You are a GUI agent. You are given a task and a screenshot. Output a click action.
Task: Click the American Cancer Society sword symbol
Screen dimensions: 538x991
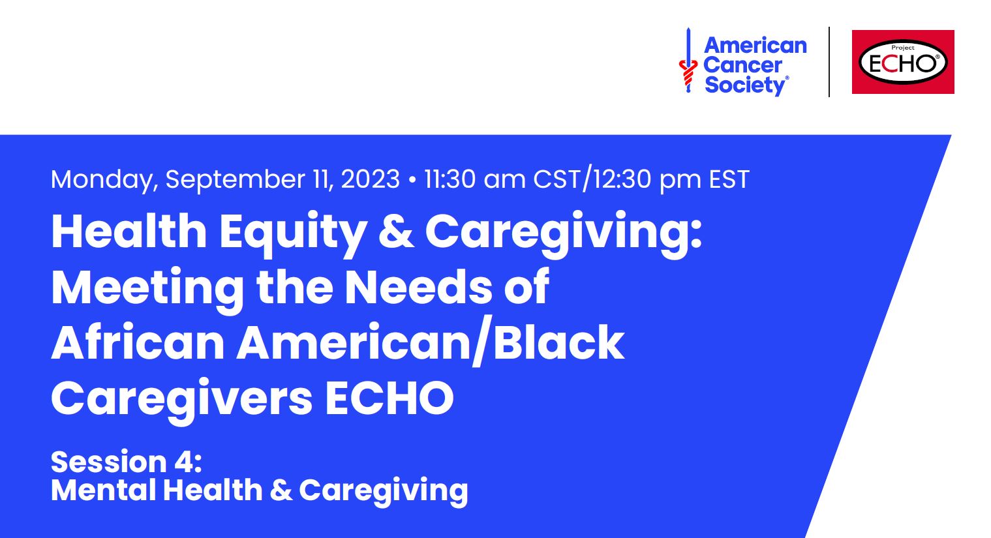click(x=687, y=61)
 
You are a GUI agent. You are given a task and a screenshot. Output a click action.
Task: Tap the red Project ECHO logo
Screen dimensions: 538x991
click(x=903, y=62)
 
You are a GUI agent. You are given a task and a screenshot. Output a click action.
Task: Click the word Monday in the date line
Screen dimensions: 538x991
click(x=104, y=179)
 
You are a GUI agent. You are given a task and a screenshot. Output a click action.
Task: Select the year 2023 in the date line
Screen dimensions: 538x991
click(x=370, y=179)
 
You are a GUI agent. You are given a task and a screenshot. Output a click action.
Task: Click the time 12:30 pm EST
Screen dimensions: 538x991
click(x=671, y=179)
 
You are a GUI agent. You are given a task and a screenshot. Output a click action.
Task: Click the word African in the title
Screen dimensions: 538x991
click(x=138, y=343)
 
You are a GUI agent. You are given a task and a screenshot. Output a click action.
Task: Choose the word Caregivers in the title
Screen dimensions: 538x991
click(x=182, y=398)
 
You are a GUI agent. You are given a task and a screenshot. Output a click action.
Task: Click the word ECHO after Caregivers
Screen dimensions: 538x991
click(x=389, y=398)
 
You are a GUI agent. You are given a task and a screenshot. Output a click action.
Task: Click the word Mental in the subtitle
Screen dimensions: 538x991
click(x=103, y=490)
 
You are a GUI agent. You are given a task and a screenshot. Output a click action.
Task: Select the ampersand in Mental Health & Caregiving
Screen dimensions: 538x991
click(x=281, y=490)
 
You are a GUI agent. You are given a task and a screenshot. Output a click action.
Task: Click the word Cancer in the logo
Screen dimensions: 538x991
click(x=742, y=65)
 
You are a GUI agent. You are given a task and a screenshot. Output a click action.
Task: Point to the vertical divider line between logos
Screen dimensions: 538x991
click(x=829, y=62)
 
